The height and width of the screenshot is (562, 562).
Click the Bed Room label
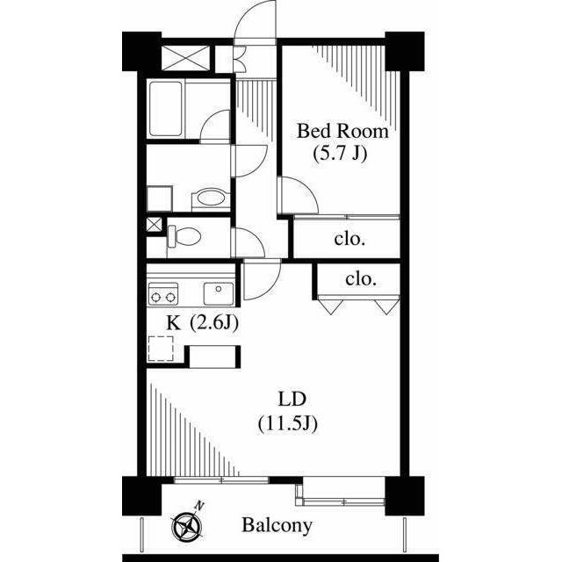[342, 131]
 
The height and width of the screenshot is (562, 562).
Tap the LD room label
[292, 400]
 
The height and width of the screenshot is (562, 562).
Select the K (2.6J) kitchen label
[203, 323]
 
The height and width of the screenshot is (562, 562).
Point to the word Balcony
[277, 526]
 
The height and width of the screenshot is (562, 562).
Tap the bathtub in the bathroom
[165, 109]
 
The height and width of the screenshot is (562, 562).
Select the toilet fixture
[184, 236]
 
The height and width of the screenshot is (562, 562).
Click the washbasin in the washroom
[211, 198]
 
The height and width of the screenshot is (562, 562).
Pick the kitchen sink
[219, 293]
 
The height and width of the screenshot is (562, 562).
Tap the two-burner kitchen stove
[163, 294]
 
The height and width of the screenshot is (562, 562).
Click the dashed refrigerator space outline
[161, 349]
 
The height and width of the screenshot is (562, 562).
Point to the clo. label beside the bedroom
[349, 239]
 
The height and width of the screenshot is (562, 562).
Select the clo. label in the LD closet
[361, 279]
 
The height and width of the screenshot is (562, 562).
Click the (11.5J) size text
[288, 424]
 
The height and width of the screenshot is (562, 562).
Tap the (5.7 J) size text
[340, 155]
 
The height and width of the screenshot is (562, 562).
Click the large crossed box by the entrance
[185, 58]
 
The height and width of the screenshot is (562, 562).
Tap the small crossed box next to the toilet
[155, 225]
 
